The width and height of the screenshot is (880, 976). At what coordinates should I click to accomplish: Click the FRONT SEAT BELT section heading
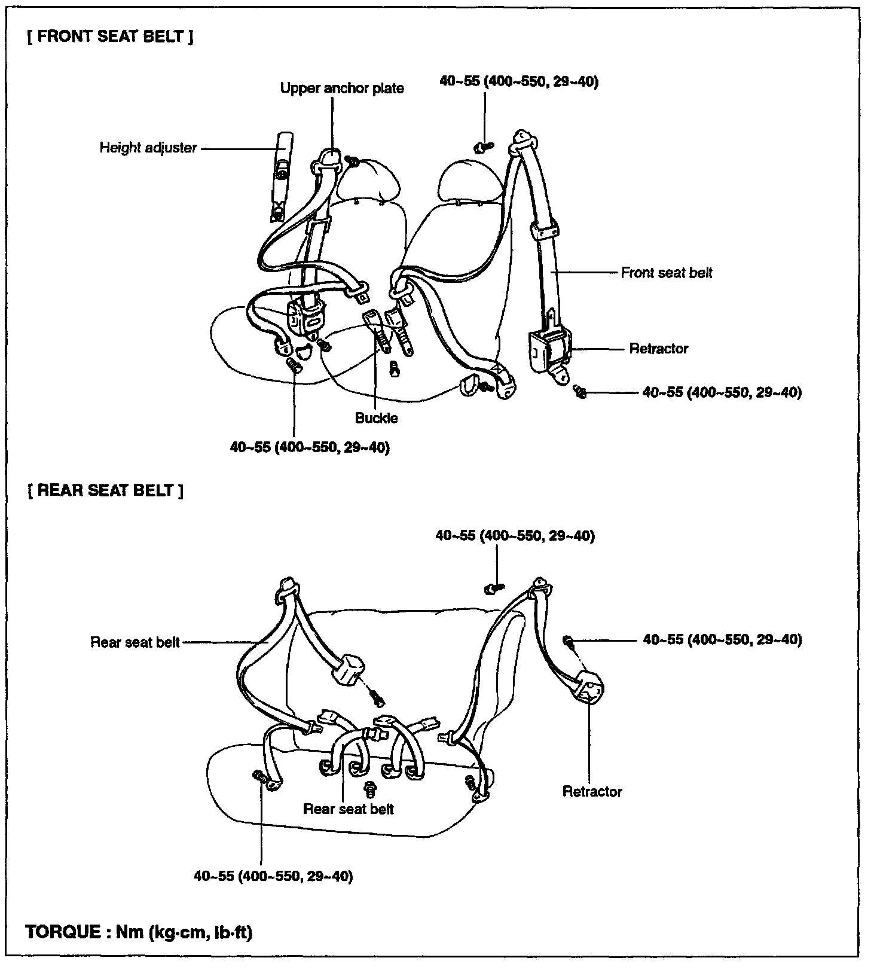click(110, 36)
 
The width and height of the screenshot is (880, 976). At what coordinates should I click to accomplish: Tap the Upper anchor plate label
click(342, 89)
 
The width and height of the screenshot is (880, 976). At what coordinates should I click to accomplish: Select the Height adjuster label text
click(148, 148)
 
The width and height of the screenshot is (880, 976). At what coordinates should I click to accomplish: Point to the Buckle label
click(376, 418)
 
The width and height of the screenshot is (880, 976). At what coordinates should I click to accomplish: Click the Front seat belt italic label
click(667, 273)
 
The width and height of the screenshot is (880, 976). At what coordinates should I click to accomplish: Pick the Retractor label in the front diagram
click(658, 349)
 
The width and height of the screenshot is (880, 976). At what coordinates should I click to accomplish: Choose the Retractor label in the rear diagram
click(592, 792)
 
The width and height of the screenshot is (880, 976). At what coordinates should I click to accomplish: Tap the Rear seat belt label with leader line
click(135, 642)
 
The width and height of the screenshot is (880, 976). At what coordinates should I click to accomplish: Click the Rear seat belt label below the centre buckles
click(349, 809)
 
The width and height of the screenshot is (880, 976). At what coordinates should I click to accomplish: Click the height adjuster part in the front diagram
click(282, 177)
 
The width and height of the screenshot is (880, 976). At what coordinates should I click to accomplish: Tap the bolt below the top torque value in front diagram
click(484, 145)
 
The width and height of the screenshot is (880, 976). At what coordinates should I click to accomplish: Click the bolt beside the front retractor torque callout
click(579, 391)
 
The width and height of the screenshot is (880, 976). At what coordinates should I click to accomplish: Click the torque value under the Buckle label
click(310, 447)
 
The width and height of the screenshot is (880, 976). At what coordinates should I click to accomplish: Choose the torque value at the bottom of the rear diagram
click(273, 876)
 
